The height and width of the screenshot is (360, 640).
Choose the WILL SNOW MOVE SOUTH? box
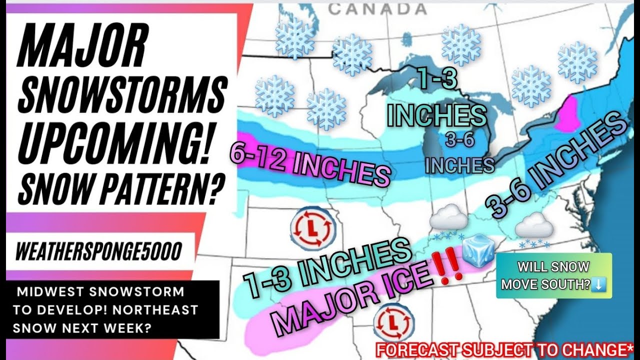click(553, 275)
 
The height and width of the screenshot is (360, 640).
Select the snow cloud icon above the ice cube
click(448, 220)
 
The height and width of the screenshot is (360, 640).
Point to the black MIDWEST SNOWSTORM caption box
click(112, 309)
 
